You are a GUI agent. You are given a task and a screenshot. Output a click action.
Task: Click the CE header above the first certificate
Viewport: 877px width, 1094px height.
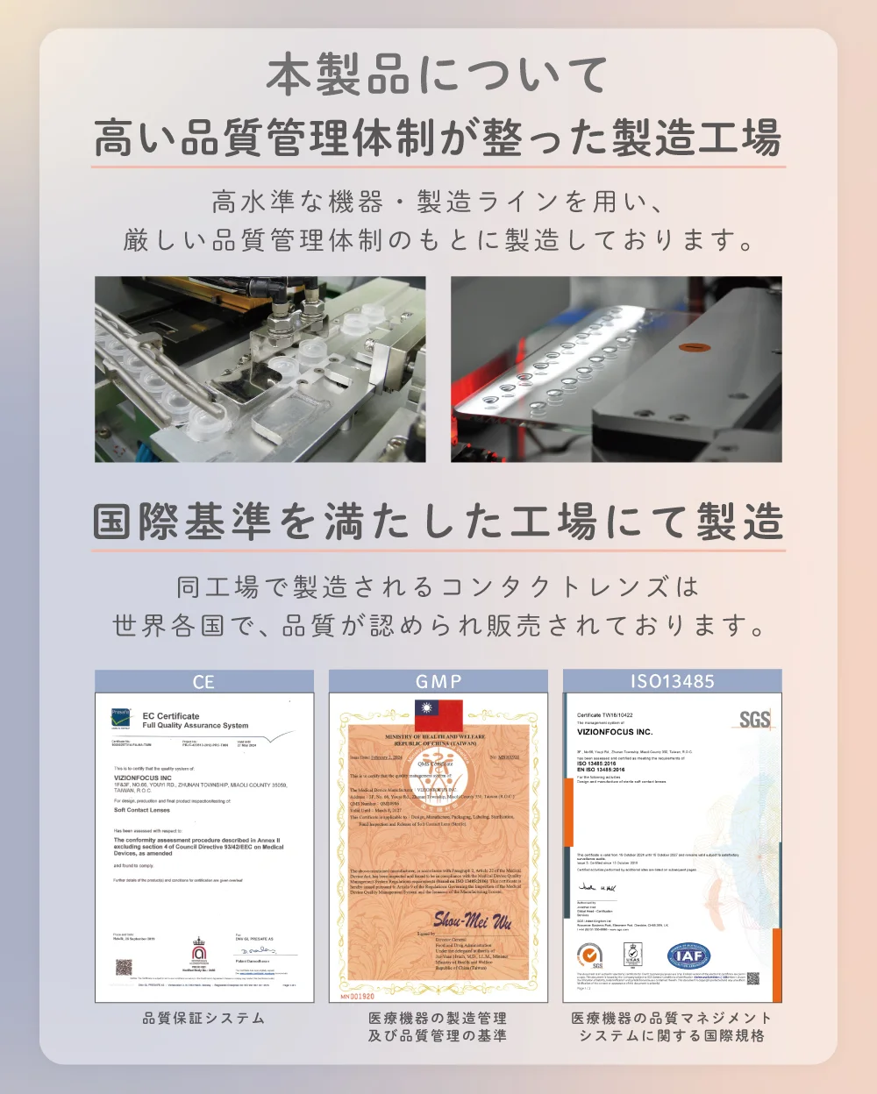click(203, 682)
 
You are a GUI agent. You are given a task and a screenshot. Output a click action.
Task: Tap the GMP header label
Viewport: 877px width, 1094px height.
click(438, 682)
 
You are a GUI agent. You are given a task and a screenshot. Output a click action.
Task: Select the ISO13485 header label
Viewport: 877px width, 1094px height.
click(672, 682)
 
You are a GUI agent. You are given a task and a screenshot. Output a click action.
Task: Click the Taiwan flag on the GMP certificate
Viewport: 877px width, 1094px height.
click(438, 714)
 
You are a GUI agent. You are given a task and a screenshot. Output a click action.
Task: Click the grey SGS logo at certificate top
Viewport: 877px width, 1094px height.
click(754, 720)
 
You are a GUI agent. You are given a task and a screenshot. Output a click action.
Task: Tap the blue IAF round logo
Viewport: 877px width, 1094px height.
click(689, 955)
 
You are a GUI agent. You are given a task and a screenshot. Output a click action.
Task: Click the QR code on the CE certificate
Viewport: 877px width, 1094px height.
click(124, 968)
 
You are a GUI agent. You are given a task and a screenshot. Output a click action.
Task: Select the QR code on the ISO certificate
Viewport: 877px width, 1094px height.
click(752, 978)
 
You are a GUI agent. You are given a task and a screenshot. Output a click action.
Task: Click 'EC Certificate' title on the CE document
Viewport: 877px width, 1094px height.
click(171, 716)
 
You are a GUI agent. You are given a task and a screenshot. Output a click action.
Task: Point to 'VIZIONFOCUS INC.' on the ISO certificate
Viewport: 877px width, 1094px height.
click(615, 732)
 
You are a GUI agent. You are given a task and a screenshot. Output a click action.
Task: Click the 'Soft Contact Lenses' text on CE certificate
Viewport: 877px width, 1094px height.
click(142, 810)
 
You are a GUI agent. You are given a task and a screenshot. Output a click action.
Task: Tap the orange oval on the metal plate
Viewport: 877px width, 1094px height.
click(694, 346)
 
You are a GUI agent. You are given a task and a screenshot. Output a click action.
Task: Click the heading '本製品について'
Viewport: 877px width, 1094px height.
click(438, 75)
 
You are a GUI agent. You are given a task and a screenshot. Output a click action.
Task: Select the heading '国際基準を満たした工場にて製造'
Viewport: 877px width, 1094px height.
click(438, 522)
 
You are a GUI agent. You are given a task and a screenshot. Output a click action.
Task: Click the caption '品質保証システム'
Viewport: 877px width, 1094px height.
click(203, 1018)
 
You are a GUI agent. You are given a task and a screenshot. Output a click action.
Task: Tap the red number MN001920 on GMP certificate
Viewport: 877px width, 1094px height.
click(358, 996)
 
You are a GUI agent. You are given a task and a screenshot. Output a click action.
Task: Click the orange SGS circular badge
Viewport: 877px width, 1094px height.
click(590, 955)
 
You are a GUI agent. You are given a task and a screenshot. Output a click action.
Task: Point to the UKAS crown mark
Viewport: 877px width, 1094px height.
click(632, 955)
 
